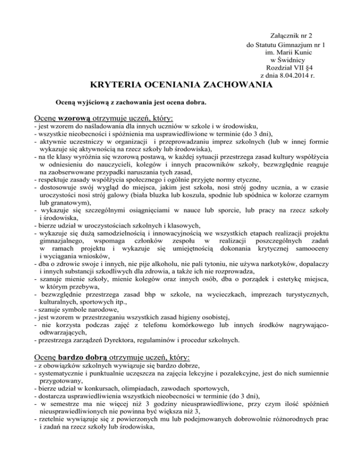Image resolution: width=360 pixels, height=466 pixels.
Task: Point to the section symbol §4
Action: click(303, 68)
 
